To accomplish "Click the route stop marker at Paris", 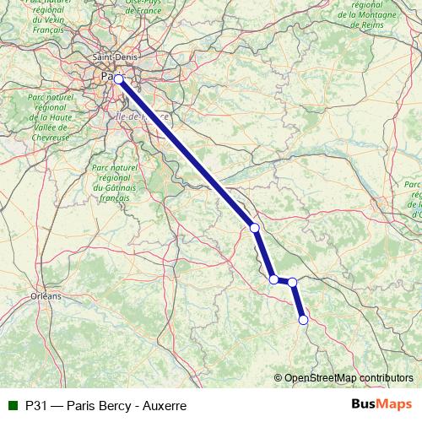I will click(119, 79).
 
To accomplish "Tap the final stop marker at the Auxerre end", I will click(303, 319).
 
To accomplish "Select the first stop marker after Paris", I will click(254, 227).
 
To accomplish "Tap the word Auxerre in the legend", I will click(164, 405).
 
